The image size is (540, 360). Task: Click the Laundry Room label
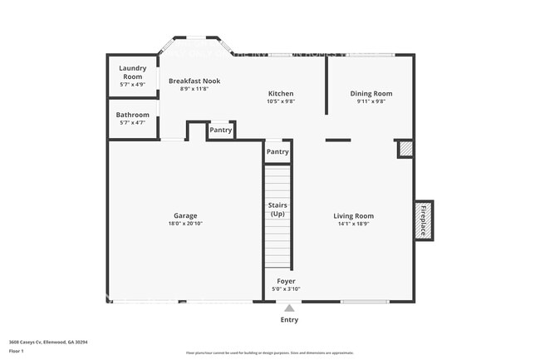(132, 72)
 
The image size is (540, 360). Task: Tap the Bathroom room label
(132, 115)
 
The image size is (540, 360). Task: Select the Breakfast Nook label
(194, 81)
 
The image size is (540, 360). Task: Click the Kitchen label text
(280, 93)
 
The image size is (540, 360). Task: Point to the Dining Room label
(370, 94)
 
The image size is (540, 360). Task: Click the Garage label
(185, 215)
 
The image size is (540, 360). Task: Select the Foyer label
(286, 281)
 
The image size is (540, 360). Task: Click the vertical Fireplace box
(423, 220)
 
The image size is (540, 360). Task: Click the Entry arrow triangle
(289, 308)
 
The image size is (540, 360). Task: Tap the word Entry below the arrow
(289, 319)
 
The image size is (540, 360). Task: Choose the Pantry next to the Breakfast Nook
(220, 130)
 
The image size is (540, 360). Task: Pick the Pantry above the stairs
(277, 152)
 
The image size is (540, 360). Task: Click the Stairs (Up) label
(277, 209)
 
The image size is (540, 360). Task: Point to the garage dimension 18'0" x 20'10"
(185, 224)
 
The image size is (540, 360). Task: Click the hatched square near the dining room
(405, 148)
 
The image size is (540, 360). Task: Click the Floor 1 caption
(17, 349)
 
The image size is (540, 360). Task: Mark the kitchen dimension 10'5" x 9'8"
(281, 101)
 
